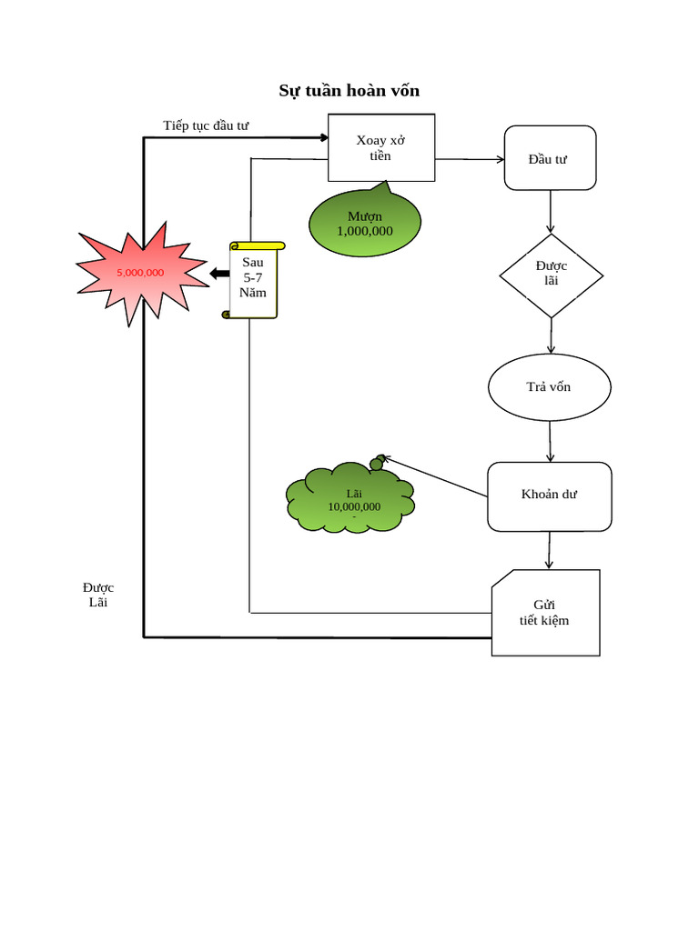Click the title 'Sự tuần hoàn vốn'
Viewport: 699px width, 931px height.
pos(349,91)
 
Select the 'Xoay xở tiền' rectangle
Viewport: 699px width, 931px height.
pos(380,147)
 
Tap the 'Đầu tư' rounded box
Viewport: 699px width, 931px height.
pos(550,158)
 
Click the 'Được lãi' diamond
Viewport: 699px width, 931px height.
pos(551,275)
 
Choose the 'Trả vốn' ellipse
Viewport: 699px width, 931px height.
pos(549,387)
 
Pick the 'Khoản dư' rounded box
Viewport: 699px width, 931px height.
pos(549,496)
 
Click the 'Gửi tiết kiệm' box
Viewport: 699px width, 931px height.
pos(546,613)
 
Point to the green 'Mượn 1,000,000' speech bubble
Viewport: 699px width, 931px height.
pos(365,224)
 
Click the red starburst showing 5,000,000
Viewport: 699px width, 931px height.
pos(140,272)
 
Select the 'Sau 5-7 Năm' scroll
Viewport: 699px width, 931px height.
pos(253,279)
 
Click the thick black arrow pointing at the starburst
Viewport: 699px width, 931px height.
pos(218,274)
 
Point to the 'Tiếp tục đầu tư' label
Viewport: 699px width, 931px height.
pos(206,125)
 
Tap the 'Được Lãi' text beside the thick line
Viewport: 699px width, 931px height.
pos(98,595)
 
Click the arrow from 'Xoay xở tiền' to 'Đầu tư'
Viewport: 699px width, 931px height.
pos(470,160)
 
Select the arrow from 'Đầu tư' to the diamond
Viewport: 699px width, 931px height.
pos(551,212)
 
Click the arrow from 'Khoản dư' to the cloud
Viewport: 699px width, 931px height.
pos(435,476)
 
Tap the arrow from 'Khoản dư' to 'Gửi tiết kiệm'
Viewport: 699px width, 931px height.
pos(549,551)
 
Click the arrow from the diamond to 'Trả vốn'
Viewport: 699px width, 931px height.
pos(551,335)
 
